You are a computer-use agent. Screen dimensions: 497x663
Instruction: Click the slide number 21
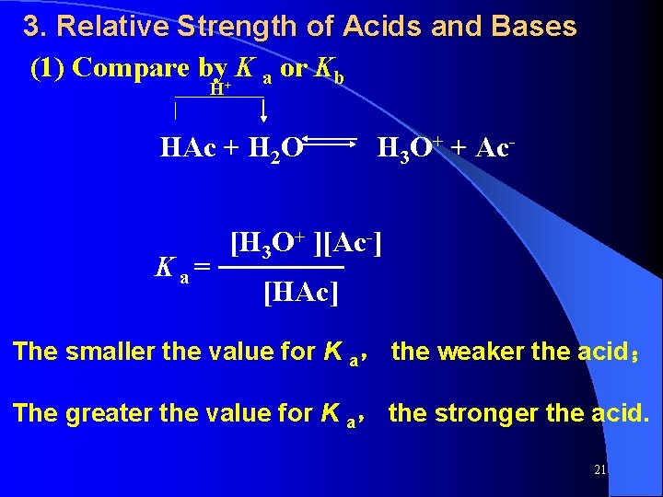[x=599, y=469]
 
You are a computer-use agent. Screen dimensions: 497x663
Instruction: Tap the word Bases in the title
[x=535, y=27]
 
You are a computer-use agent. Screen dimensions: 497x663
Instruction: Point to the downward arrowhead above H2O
[x=264, y=115]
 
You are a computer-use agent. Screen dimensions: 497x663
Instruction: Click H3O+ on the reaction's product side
[x=406, y=147]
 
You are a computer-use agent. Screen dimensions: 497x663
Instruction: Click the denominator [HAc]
[x=300, y=293]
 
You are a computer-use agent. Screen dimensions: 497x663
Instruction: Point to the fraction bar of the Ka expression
[x=285, y=268]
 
